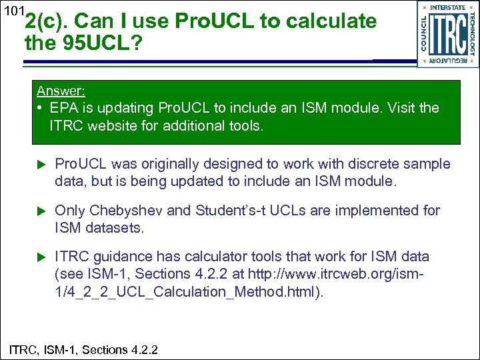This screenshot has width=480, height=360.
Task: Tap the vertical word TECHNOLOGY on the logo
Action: pos(471,34)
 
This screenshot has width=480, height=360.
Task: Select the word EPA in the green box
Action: pos(63,108)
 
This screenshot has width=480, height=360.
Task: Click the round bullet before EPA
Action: pos(40,108)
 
